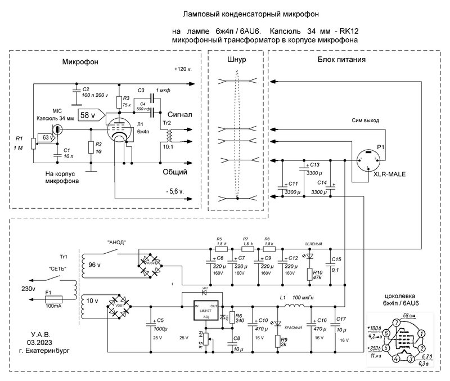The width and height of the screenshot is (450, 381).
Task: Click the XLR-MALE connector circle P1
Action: (x=369, y=159)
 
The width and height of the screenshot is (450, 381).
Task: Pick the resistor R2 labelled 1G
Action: (x=91, y=147)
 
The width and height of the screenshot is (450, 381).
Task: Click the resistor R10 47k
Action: (x=308, y=275)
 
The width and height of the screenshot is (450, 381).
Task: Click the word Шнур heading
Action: (x=238, y=60)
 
